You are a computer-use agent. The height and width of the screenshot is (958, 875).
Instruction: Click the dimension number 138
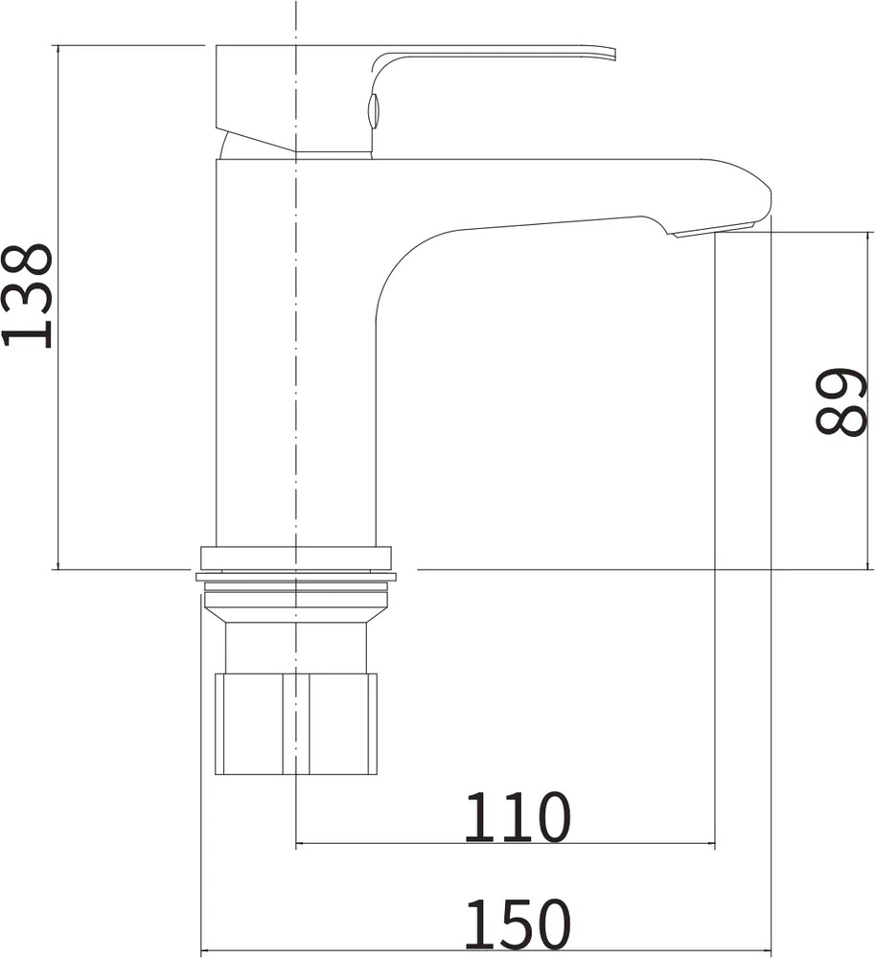(27, 296)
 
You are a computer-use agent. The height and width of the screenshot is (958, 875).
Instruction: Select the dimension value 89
(842, 402)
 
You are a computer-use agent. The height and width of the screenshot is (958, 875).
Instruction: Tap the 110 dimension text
(517, 817)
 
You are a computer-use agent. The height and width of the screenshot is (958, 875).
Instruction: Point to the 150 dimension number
(517, 924)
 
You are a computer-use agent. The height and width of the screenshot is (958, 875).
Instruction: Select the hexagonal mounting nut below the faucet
(296, 724)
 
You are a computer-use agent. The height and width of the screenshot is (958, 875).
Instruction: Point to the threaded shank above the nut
(296, 647)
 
